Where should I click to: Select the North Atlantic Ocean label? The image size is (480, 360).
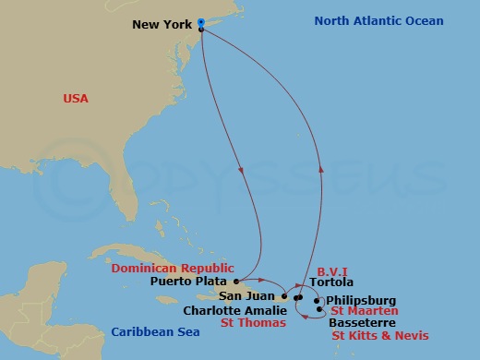(x=378, y=21)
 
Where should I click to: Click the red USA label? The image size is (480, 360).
(x=75, y=98)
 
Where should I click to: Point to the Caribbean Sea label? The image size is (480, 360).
(x=150, y=331)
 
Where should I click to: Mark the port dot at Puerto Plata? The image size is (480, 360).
(x=237, y=280)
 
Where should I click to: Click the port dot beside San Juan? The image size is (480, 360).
(x=285, y=297)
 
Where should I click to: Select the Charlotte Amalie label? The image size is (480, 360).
(x=226, y=311)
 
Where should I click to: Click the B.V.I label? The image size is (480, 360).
(x=331, y=271)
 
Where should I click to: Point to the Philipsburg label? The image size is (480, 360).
(x=361, y=300)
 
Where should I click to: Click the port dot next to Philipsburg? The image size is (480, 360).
(x=317, y=301)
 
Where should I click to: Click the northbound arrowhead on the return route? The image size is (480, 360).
(x=321, y=169)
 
